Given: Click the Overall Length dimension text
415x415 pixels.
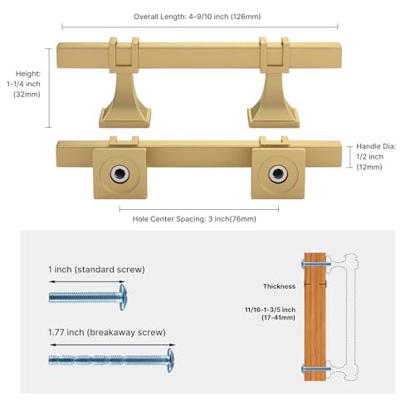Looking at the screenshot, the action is (197, 17).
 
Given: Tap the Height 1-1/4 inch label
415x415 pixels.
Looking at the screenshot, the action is (24, 84).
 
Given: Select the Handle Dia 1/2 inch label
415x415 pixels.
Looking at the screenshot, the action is (376, 157).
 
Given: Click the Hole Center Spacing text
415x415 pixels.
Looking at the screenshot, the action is (194, 219).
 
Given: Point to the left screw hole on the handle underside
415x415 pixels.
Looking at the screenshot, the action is (120, 173).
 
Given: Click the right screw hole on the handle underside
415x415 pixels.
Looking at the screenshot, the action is (278, 173).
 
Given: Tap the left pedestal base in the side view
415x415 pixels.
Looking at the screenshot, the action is (125, 118).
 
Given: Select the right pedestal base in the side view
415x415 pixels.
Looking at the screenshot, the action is (273, 118).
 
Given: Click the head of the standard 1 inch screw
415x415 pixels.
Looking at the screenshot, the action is (123, 297).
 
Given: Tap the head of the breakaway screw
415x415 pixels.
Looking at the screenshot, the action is (171, 360).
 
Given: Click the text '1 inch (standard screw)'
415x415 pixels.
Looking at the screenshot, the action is (96, 269).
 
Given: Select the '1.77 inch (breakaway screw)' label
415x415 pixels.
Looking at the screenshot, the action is (107, 332).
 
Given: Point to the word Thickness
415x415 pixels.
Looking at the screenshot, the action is (279, 286).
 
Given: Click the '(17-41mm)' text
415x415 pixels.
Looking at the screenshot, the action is (278, 317).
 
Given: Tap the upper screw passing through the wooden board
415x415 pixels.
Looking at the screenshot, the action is (316, 264).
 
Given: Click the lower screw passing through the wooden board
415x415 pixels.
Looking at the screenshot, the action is (316, 369).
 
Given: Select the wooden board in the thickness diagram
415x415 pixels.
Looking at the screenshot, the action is (315, 316).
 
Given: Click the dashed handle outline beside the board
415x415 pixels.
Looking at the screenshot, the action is (351, 317).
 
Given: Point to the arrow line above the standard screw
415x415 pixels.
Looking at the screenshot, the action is (87, 281).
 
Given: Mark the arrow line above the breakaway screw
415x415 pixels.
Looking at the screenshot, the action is (112, 344).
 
